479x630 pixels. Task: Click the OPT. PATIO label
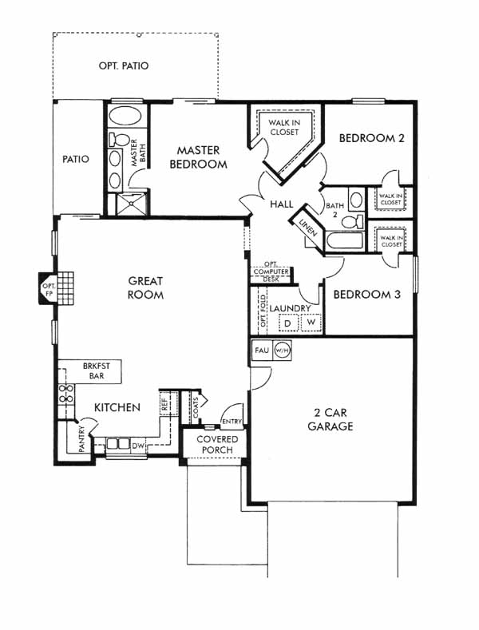(x=124, y=65)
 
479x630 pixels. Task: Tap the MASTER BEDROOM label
(x=199, y=157)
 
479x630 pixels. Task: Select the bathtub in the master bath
(x=125, y=117)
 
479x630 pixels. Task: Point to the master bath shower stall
(x=131, y=204)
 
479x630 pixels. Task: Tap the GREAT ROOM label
(x=145, y=287)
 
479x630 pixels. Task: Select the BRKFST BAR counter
(x=97, y=370)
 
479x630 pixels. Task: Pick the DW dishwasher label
(x=138, y=446)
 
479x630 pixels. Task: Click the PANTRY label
(x=81, y=439)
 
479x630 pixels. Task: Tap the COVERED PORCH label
(x=217, y=445)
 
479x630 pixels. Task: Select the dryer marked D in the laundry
(x=287, y=323)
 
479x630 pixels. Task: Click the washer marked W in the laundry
(x=311, y=323)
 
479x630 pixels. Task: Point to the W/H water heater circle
(x=282, y=351)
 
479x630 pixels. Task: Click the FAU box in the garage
(x=262, y=351)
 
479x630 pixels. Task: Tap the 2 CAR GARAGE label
(x=331, y=419)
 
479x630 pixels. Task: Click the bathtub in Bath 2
(x=345, y=241)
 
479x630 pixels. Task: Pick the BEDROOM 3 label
(x=367, y=295)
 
